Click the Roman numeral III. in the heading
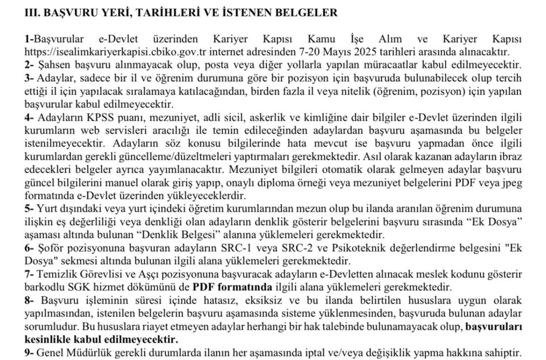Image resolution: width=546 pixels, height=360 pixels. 32,13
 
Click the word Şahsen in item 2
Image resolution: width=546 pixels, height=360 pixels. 51,65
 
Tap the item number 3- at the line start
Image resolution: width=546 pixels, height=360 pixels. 29,78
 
